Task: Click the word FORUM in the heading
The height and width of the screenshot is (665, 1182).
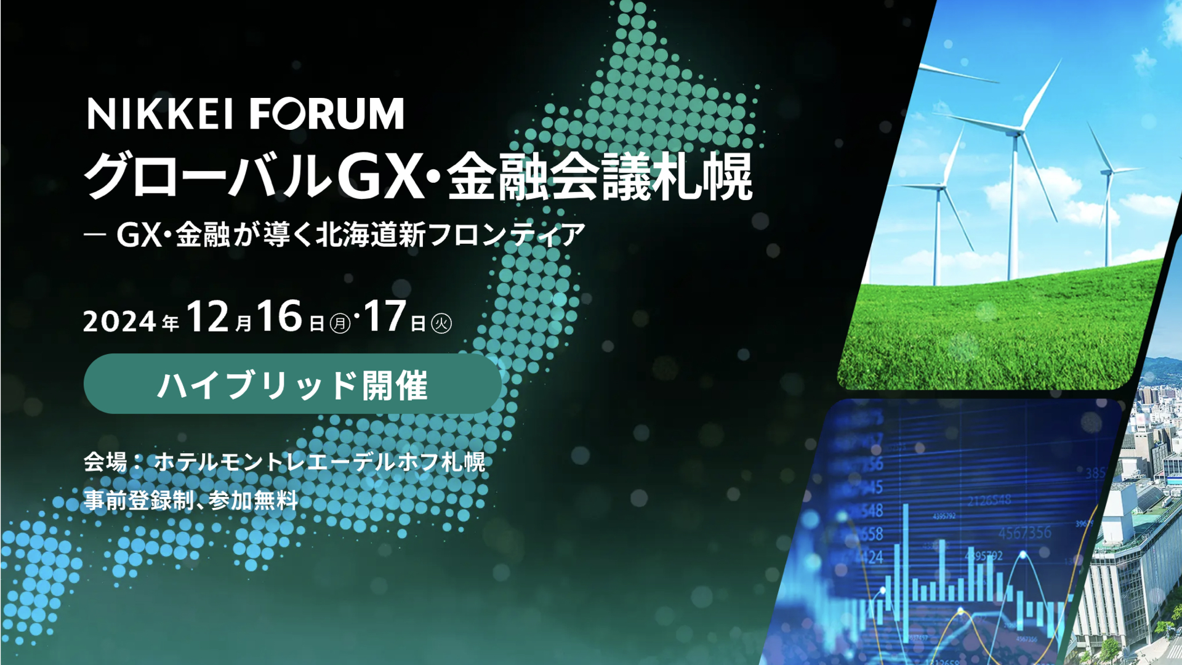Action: click(x=326, y=115)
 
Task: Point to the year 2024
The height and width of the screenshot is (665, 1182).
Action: click(x=119, y=321)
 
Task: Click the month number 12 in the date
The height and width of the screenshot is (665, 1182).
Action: click(x=207, y=317)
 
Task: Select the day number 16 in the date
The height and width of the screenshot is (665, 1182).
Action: click(x=279, y=317)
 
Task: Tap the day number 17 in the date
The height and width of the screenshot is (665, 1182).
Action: click(x=385, y=317)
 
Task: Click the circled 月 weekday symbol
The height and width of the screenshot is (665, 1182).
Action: click(x=340, y=324)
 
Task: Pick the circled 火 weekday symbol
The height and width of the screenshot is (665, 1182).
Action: click(x=441, y=324)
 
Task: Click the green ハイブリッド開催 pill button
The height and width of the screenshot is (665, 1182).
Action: click(x=292, y=384)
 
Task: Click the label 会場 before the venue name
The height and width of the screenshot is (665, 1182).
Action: click(x=105, y=462)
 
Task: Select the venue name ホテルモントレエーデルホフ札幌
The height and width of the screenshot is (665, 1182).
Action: click(x=320, y=462)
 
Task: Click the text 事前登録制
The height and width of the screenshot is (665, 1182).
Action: click(x=139, y=501)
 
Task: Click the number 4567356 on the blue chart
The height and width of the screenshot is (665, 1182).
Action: click(x=1024, y=532)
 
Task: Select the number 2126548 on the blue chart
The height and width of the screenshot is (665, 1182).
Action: click(x=989, y=501)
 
